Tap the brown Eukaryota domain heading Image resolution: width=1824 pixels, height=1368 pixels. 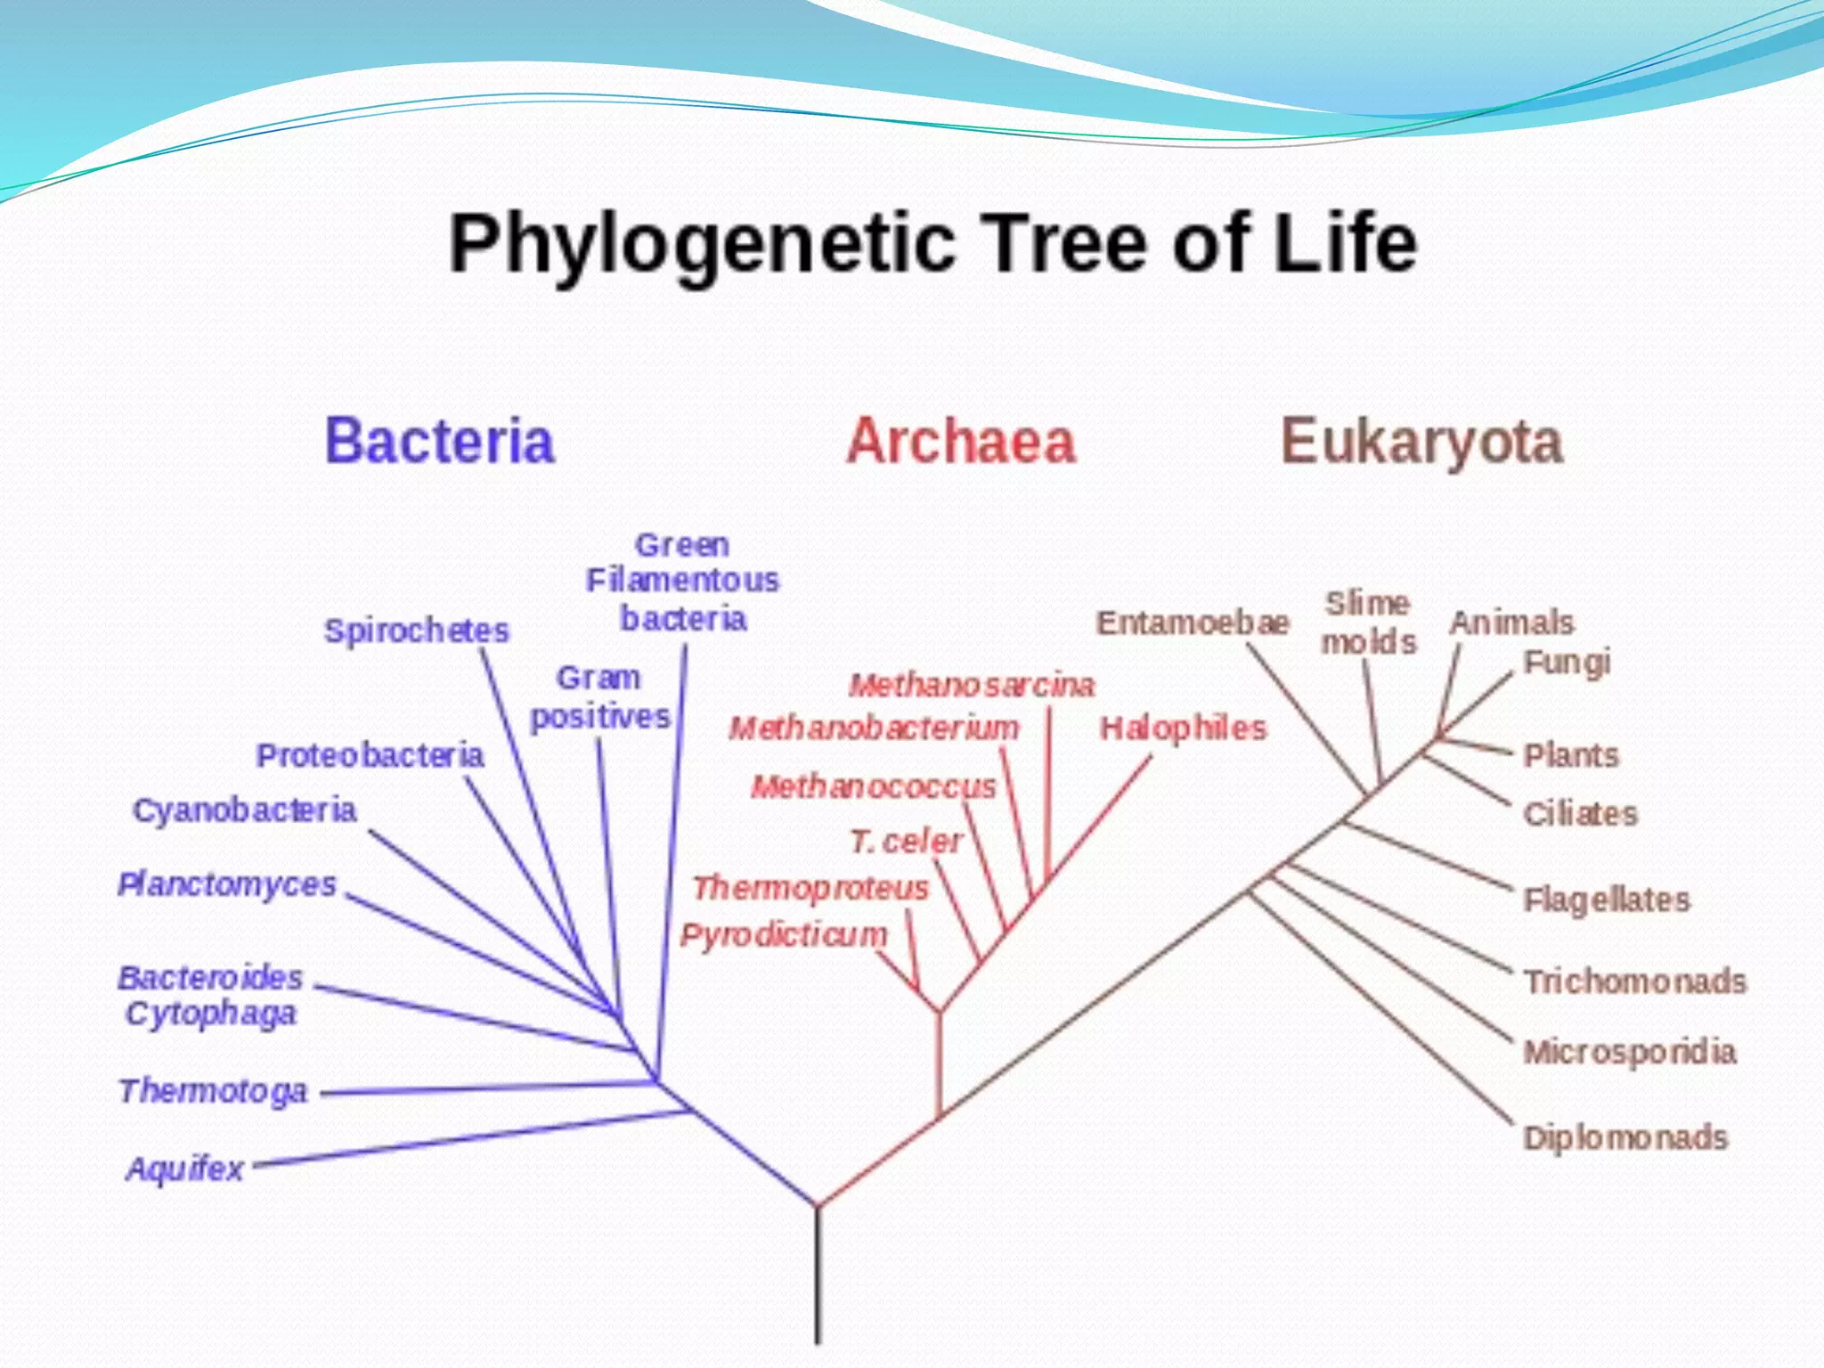click(x=1421, y=442)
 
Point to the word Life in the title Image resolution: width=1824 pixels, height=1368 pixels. click(x=1345, y=242)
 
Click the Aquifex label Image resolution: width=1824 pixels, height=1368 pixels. click(x=185, y=1168)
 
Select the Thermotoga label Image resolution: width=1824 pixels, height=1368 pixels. click(x=213, y=1091)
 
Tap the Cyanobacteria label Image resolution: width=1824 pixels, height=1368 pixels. click(x=244, y=810)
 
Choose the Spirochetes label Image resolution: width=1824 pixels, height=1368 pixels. click(x=416, y=631)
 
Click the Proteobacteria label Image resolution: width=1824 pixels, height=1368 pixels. click(x=370, y=755)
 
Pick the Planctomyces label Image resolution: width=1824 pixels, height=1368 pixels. click(x=227, y=884)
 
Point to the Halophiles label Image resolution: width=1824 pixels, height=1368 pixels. click(x=1183, y=729)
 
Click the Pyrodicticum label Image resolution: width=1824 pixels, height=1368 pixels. click(x=784, y=934)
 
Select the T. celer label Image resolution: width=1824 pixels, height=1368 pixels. click(x=905, y=841)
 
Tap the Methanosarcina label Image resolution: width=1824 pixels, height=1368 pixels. click(x=971, y=685)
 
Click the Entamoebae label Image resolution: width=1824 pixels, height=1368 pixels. click(x=1193, y=623)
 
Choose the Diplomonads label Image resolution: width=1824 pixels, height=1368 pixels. click(x=1625, y=1137)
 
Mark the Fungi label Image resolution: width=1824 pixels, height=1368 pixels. click(x=1567, y=663)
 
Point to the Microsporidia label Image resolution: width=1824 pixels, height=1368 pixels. click(x=1630, y=1052)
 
